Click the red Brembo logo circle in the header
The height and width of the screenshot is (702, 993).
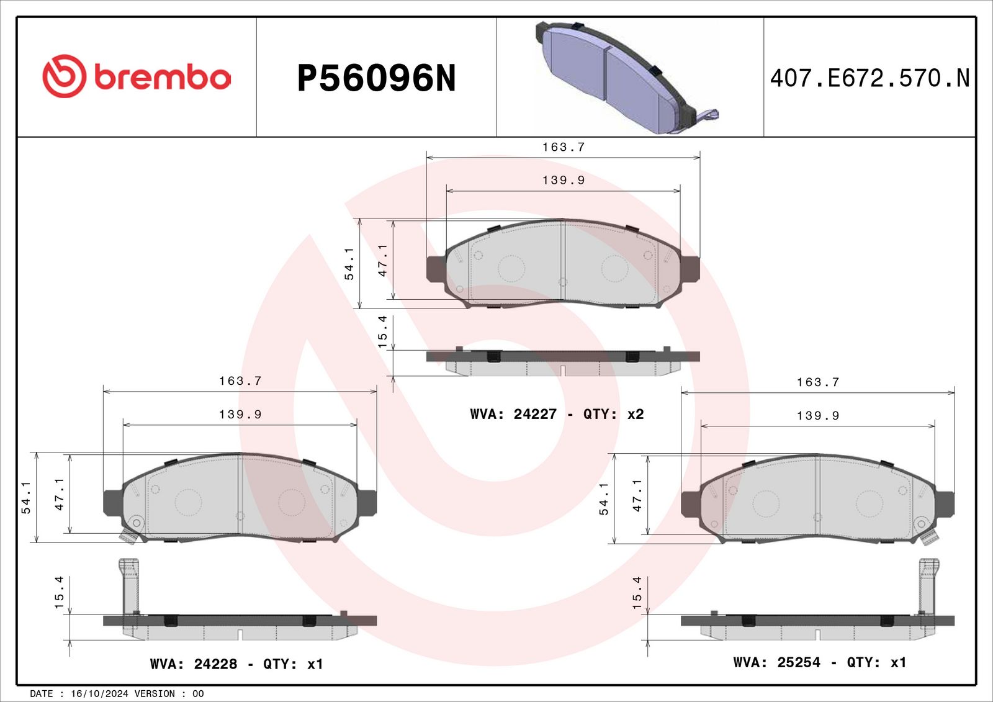[x=65, y=76]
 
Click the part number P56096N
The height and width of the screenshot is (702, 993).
[x=376, y=78]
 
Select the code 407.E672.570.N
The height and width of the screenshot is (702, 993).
[x=869, y=78]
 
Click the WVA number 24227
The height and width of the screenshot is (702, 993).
[x=534, y=414]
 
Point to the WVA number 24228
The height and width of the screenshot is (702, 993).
[x=215, y=664]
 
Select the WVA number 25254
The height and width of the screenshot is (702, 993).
[x=799, y=662]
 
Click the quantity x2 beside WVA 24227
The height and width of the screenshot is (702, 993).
[x=635, y=414]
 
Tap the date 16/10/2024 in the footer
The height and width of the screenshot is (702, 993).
[x=99, y=693]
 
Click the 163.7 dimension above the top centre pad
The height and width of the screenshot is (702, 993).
[x=564, y=146]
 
